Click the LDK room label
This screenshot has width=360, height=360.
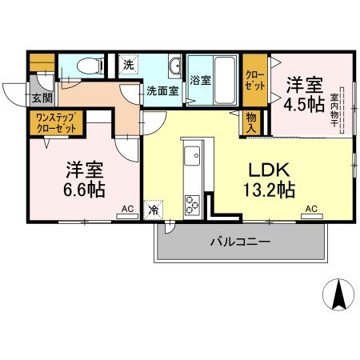[x=266, y=170]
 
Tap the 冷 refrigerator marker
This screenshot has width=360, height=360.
[x=153, y=211]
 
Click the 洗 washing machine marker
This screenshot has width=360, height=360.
[x=127, y=62]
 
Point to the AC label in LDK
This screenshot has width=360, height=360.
[x=311, y=210]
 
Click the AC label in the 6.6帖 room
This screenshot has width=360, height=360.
[x=127, y=210]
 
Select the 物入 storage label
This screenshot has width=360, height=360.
[x=251, y=122]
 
